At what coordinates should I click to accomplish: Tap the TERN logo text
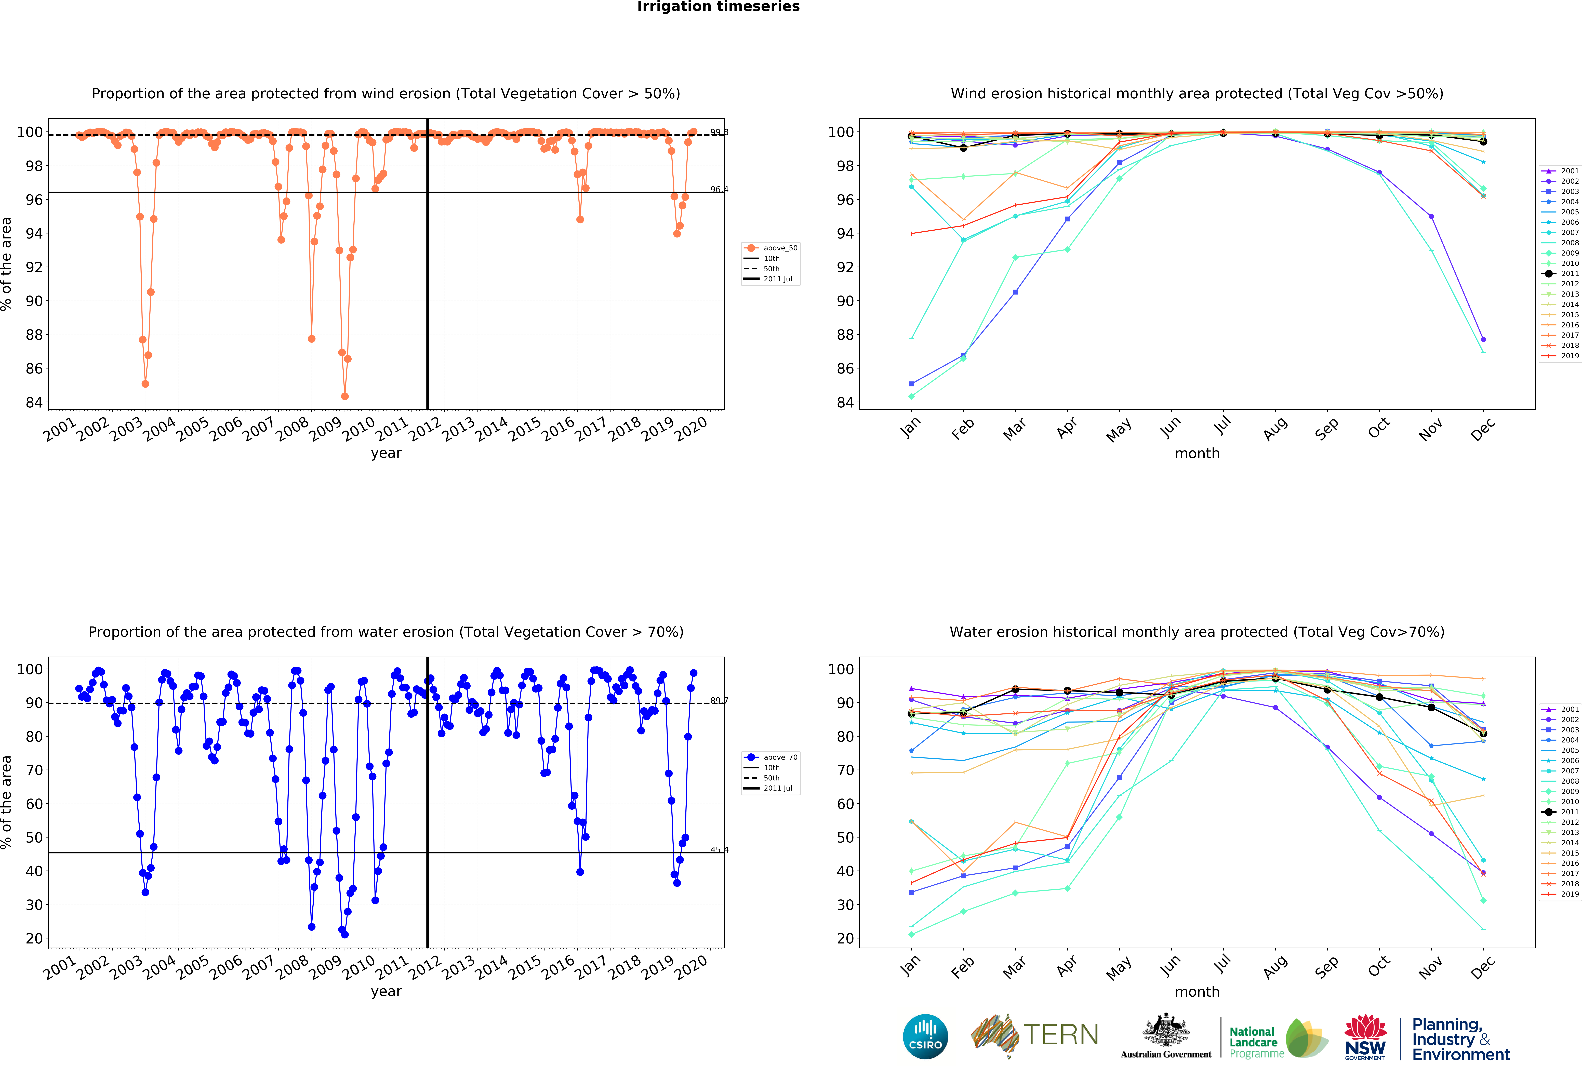pos(1061,1035)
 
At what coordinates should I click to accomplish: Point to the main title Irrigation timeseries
pos(718,7)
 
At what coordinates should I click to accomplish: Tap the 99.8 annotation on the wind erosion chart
pos(719,132)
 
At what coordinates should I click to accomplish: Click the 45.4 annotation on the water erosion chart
pos(719,849)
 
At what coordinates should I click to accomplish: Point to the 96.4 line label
pos(719,189)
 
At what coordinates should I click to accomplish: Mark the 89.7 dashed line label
pos(719,700)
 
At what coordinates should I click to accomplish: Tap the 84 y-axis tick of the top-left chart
pos(34,402)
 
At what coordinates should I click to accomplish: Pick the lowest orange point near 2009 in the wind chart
pos(345,396)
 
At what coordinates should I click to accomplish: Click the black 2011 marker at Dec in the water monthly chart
pos(1483,734)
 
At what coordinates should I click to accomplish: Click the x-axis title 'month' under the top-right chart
pos(1197,453)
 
